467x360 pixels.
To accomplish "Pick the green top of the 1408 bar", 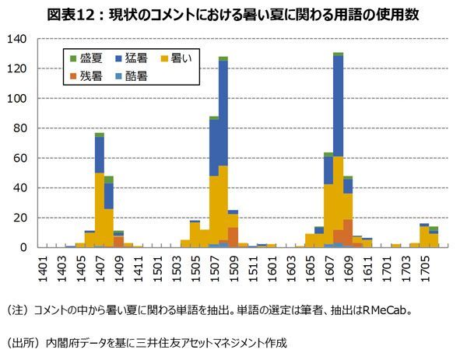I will pyautogui.click(x=109, y=180).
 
